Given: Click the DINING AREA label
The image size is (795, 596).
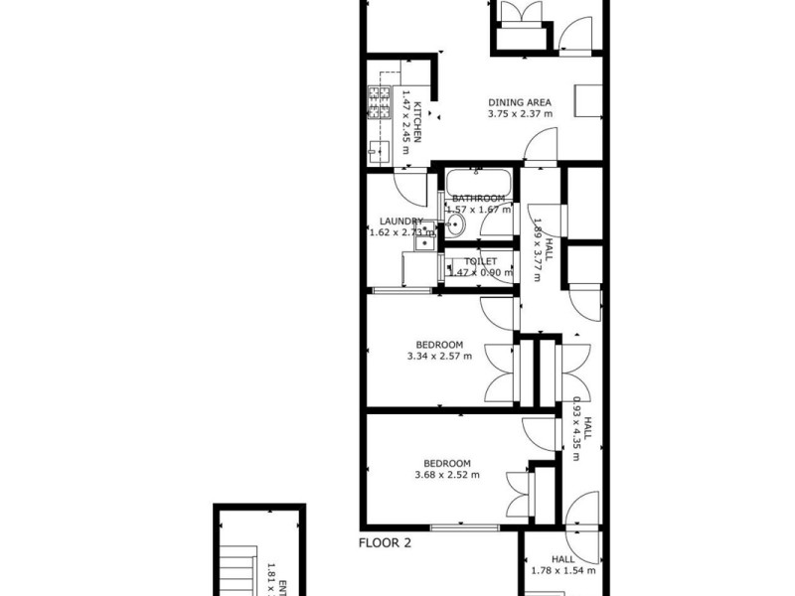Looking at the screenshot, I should click(x=520, y=101).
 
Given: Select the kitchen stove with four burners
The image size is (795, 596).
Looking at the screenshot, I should click(x=381, y=103).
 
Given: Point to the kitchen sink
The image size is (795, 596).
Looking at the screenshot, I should click(x=380, y=151).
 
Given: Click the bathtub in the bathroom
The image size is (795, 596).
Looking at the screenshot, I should click(x=478, y=183).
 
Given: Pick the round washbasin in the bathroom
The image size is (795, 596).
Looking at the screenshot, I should click(x=454, y=226).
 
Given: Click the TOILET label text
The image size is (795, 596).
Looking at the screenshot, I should click(x=480, y=261).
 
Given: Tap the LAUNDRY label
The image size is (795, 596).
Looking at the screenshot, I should click(x=400, y=222).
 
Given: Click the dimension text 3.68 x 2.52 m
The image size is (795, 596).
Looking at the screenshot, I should click(x=447, y=475).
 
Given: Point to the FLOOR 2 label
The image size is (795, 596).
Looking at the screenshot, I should click(x=385, y=543).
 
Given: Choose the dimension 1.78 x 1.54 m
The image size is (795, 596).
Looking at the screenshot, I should click(x=561, y=570).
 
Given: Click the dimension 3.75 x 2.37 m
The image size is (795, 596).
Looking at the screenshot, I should click(x=520, y=114).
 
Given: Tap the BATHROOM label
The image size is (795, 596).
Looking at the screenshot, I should click(x=479, y=199).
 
